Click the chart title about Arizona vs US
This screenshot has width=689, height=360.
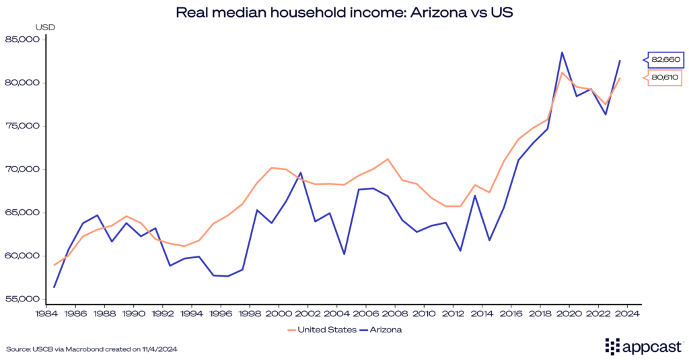pyautogui.click(x=344, y=13)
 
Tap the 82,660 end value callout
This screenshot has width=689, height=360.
pyautogui.click(x=665, y=60)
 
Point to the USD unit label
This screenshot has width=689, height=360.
pyautogui.click(x=45, y=27)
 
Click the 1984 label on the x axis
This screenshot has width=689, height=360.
pyautogui.click(x=46, y=314)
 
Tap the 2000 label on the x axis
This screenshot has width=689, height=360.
pyautogui.click(x=279, y=314)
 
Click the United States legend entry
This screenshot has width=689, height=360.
pyautogui.click(x=320, y=330)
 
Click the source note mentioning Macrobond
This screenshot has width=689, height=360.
pyautogui.click(x=92, y=349)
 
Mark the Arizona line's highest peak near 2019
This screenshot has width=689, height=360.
pyautogui.click(x=562, y=52)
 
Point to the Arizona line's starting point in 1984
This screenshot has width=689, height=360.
pyautogui.click(x=54, y=287)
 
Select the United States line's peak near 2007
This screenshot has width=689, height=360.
pyautogui.click(x=388, y=159)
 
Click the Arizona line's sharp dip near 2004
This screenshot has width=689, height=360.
pyautogui.click(x=344, y=254)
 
